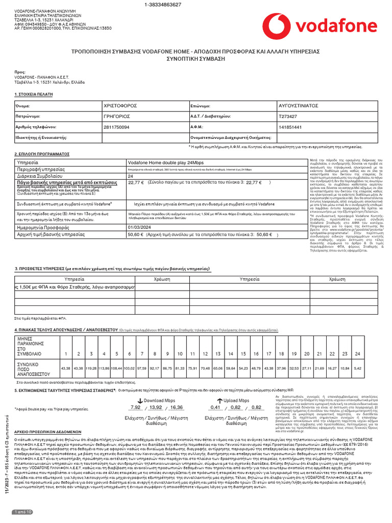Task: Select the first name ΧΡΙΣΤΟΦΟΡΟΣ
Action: (120, 105)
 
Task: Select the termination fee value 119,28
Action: (91, 368)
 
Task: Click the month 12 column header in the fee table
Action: (205, 353)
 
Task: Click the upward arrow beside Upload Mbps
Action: (220, 401)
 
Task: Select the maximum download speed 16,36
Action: (177, 407)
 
